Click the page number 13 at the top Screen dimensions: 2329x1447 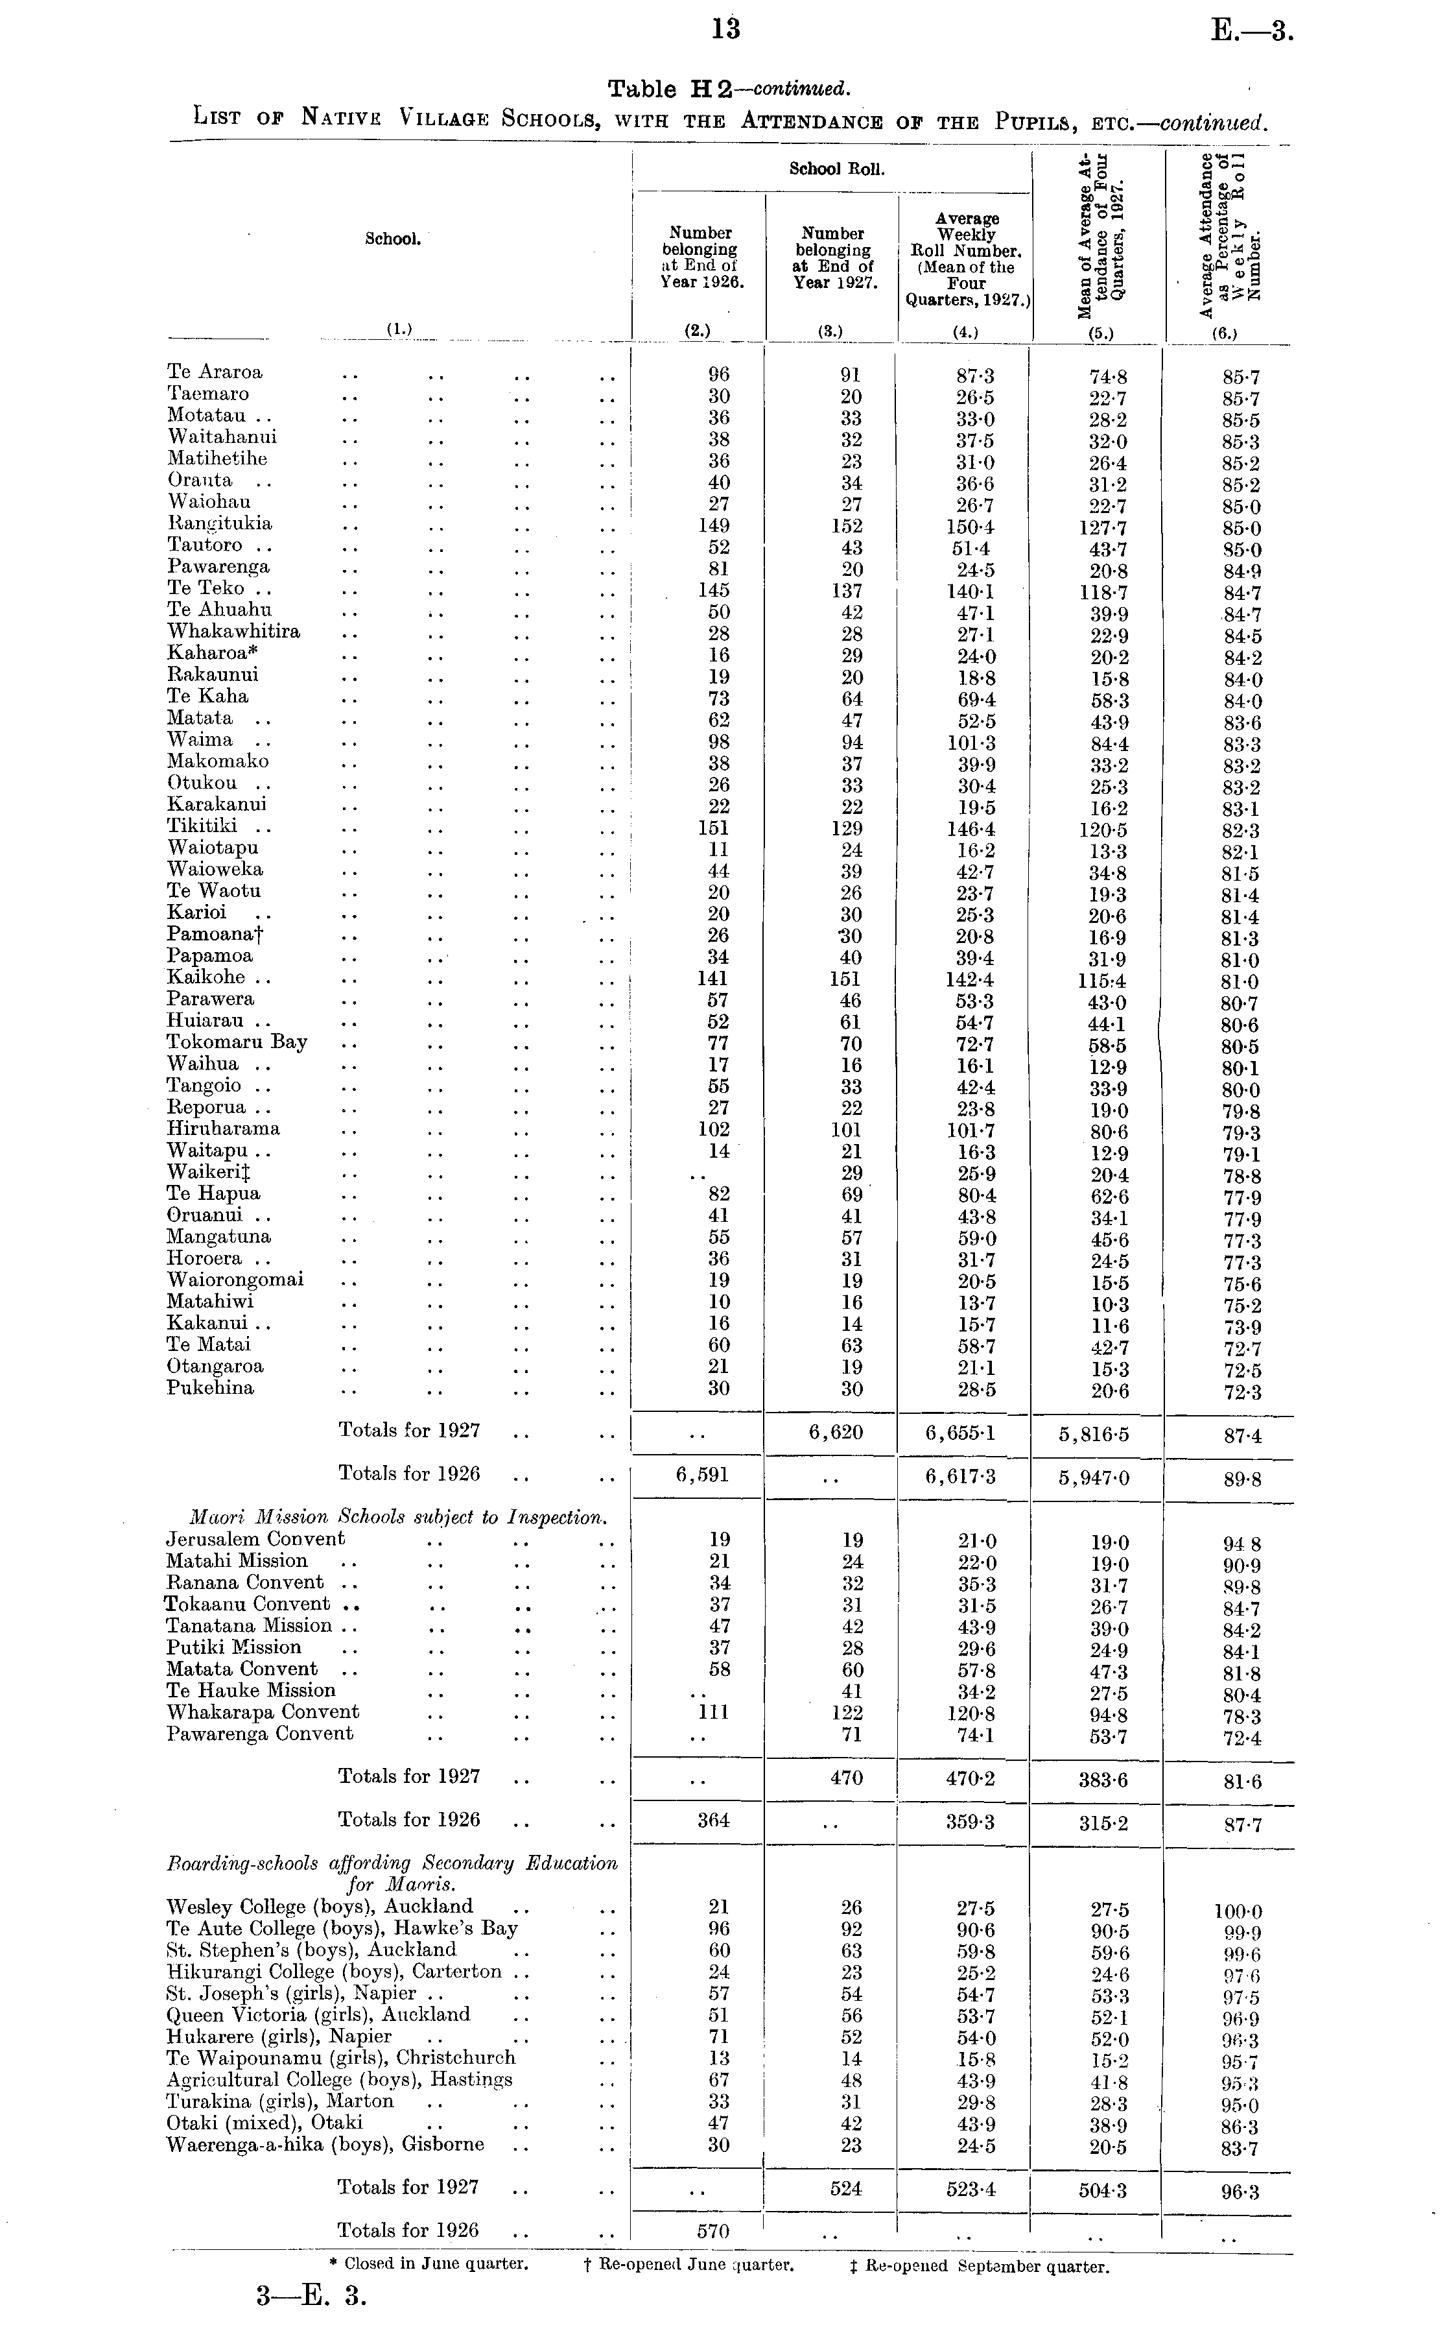[726, 30]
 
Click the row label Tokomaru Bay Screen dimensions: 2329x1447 [237, 1042]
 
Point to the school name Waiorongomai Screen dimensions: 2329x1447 [235, 1279]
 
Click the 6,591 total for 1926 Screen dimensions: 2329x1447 [703, 1475]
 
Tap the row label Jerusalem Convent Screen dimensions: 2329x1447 [255, 1538]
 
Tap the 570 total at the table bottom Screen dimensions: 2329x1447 [713, 2230]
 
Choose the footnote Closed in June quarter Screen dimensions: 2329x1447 [429, 2264]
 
